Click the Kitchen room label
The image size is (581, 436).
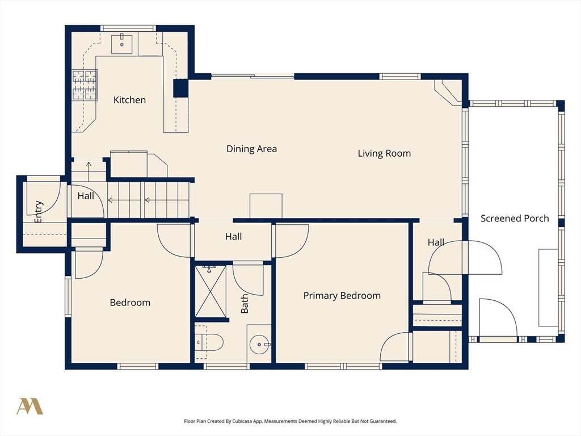pyautogui.click(x=129, y=100)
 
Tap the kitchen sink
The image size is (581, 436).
pyautogui.click(x=122, y=44)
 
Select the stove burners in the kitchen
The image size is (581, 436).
pyautogui.click(x=85, y=85)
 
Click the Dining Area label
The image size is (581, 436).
pyautogui.click(x=251, y=149)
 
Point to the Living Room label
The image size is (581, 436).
pyautogui.click(x=384, y=153)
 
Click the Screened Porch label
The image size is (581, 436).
pyautogui.click(x=515, y=219)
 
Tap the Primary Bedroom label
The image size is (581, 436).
pyautogui.click(x=342, y=295)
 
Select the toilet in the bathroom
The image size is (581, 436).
pyautogui.click(x=209, y=342)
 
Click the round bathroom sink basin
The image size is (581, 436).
pyautogui.click(x=260, y=345)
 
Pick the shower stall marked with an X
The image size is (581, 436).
pyautogui.click(x=210, y=291)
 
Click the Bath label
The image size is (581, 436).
pyautogui.click(x=245, y=304)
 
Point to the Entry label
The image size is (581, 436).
pyautogui.click(x=39, y=212)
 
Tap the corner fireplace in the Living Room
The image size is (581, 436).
pyautogui.click(x=448, y=93)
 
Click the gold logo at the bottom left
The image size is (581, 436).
pyautogui.click(x=30, y=406)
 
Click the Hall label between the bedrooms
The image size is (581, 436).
pyautogui.click(x=233, y=237)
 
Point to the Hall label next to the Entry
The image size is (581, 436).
pyautogui.click(x=86, y=196)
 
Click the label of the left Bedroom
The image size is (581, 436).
pyautogui.click(x=130, y=303)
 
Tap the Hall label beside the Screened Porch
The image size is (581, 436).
pyautogui.click(x=436, y=242)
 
